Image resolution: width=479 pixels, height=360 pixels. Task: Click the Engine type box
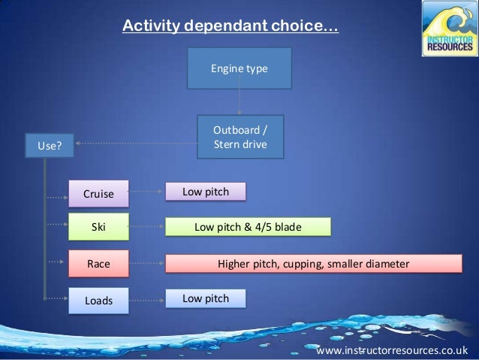tap(239, 69)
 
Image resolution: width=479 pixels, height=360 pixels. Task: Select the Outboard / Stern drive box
tap(240, 136)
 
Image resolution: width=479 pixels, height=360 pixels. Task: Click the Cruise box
tap(98, 193)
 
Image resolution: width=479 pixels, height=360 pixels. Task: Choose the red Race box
tap(98, 263)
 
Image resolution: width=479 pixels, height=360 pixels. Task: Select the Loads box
tap(98, 300)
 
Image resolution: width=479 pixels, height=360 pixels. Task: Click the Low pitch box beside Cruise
tap(206, 192)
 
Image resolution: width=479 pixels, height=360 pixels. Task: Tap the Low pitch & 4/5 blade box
tap(248, 225)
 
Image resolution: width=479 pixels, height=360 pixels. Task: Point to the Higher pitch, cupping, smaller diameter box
tap(313, 263)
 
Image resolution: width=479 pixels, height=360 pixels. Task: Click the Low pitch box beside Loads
tap(206, 298)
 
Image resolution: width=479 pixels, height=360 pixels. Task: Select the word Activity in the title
tap(148, 28)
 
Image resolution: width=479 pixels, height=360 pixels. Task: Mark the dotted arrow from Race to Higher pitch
tap(146, 263)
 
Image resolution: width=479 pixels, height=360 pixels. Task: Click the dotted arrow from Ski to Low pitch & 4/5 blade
tap(146, 225)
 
